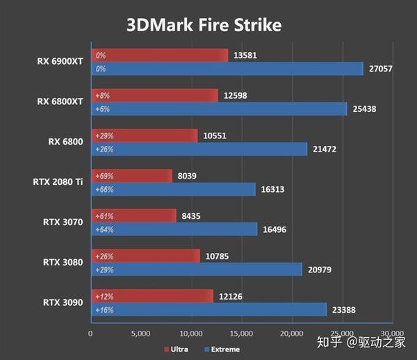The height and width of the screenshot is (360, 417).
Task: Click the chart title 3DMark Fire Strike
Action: coord(204,25)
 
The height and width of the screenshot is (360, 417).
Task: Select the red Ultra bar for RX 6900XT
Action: coord(160,55)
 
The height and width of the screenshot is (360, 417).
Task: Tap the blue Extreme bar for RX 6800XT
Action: coord(220,108)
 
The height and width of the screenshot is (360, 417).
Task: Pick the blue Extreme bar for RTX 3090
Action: coord(209,309)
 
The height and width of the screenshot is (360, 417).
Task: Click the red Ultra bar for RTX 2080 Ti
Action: coord(131,176)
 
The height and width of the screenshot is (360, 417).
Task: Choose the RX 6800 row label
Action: coord(65,142)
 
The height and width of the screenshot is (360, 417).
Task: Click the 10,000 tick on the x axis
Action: coord(191,334)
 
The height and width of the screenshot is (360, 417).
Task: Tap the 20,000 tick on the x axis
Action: coord(292,334)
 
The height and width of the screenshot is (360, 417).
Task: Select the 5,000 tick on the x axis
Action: coord(141,334)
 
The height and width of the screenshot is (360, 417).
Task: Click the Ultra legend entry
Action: coord(178,349)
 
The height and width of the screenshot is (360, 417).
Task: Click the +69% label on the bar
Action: coord(104,176)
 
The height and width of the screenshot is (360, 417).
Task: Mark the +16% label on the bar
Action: coord(104,309)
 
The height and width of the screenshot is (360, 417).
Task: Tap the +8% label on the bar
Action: coord(102,95)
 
